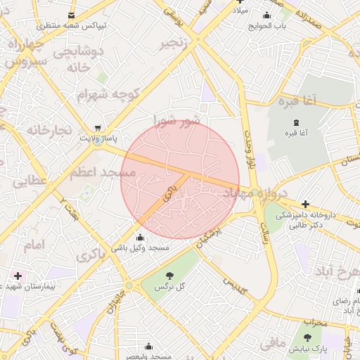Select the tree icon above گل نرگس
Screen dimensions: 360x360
click(169, 275)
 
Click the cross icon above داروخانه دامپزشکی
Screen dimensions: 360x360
click(305, 204)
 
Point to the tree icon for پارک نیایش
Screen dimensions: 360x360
click(307, 337)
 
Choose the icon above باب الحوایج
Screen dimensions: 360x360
click(266, 16)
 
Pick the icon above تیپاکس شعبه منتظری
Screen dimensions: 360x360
click(70, 15)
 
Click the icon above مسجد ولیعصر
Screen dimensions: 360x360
click(148, 346)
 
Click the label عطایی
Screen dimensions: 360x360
click(29, 181)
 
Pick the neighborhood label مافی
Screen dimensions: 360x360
click(272, 344)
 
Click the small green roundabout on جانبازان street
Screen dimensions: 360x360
click(129, 285)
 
